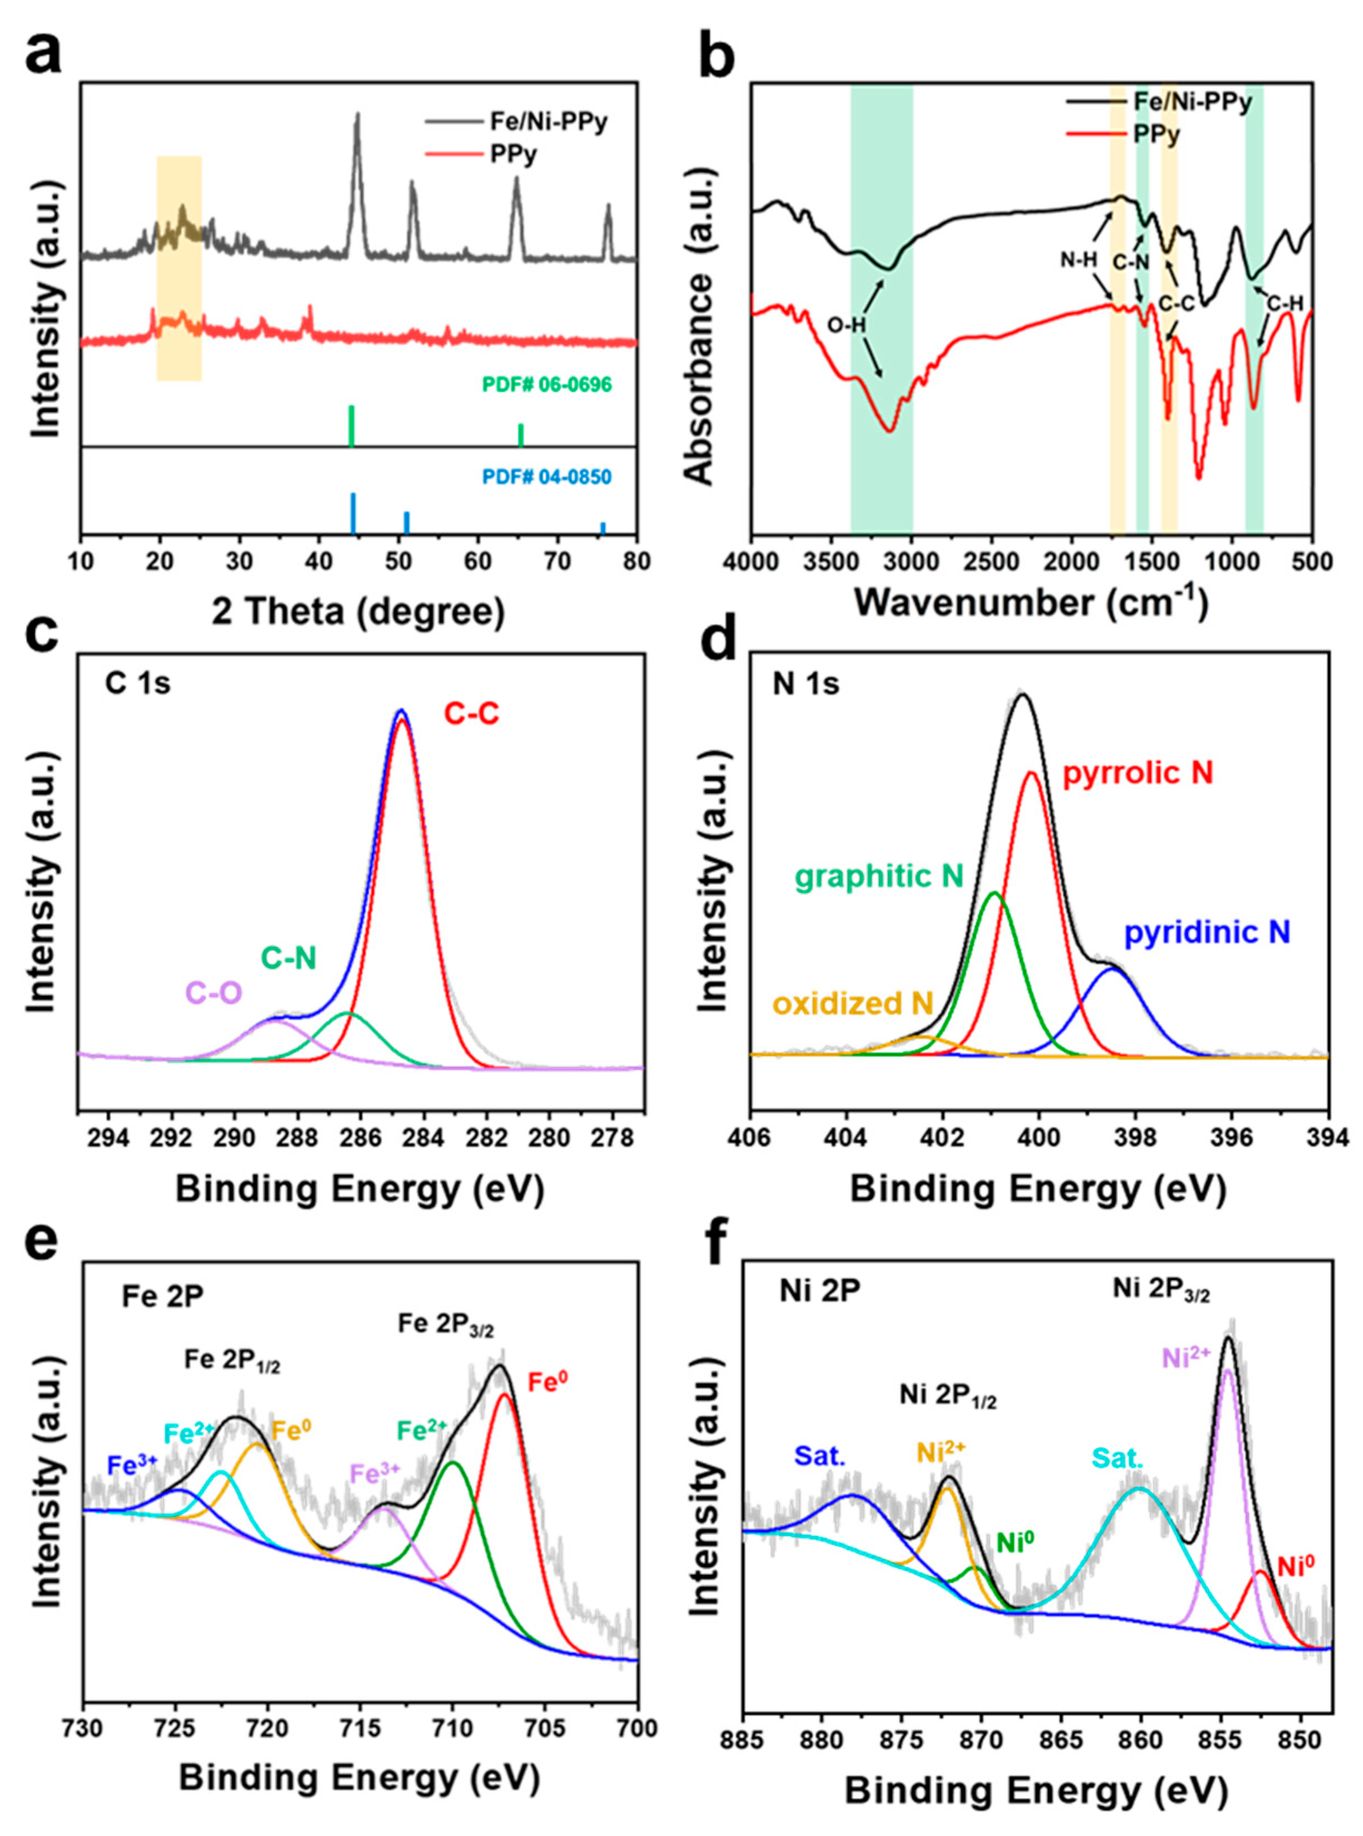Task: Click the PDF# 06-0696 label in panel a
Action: click(547, 385)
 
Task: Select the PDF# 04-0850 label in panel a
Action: click(547, 476)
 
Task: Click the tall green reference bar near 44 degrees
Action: click(352, 426)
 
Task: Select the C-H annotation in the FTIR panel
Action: click(1285, 305)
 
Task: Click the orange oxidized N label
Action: click(852, 1004)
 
